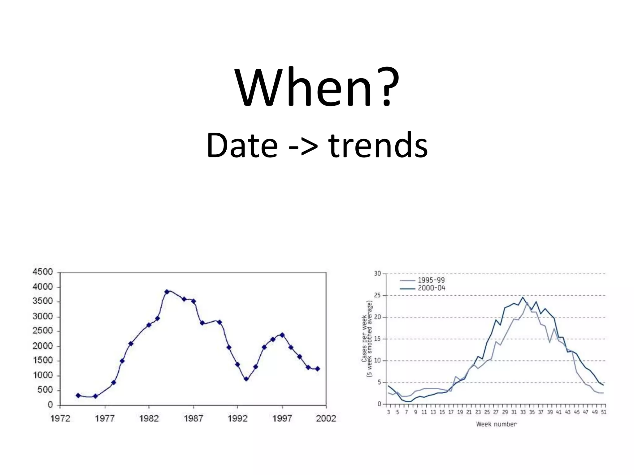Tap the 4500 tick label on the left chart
click(43, 272)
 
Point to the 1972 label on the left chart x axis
click(60, 418)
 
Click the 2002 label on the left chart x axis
click(326, 418)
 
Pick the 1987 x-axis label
click(193, 418)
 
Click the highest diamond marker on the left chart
click(167, 292)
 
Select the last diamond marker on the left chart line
click(317, 369)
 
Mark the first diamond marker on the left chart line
click(78, 396)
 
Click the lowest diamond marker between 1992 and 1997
click(246, 379)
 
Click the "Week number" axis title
click(496, 424)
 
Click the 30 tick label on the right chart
click(377, 274)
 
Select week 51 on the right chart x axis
click(604, 412)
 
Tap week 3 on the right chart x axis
click(389, 412)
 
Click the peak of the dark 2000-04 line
click(523, 297)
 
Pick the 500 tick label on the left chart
click(45, 390)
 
